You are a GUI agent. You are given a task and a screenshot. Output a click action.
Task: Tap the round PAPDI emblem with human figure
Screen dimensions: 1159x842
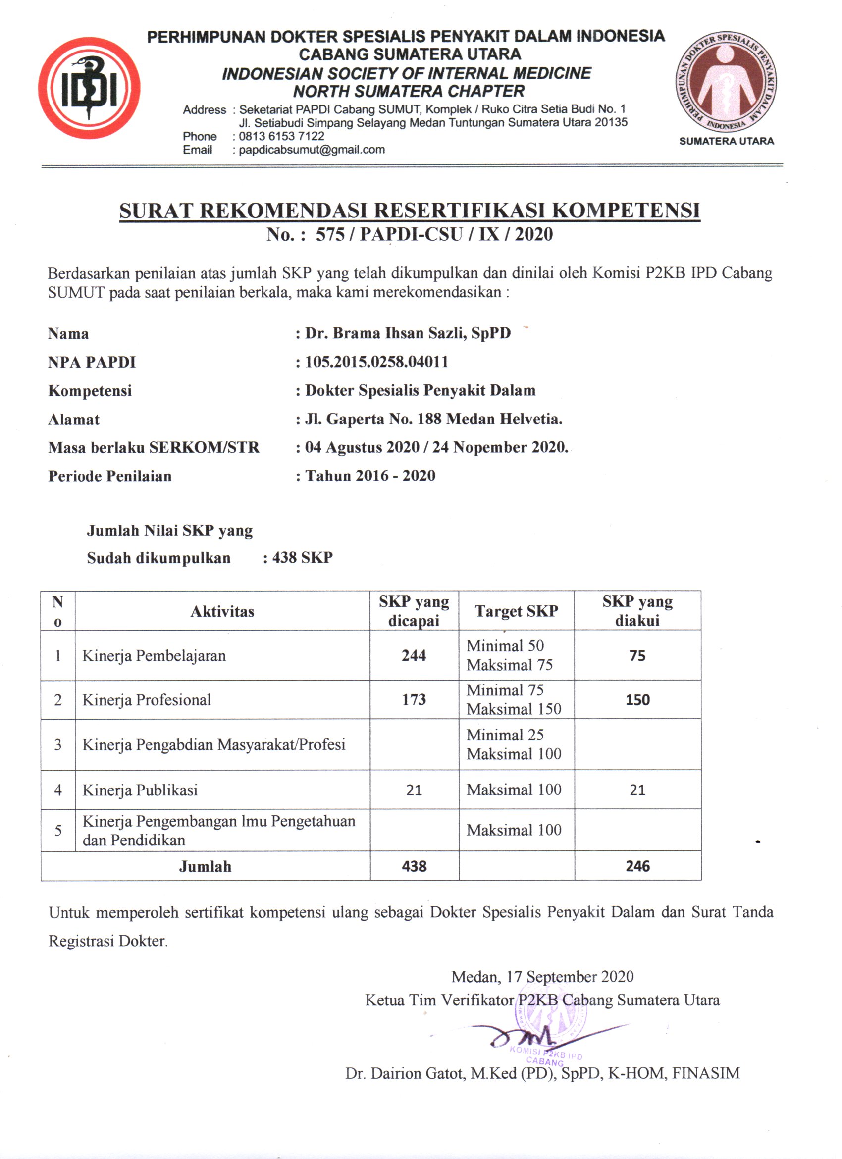point(726,82)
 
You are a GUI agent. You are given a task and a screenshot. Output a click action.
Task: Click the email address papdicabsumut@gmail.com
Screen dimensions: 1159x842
point(312,150)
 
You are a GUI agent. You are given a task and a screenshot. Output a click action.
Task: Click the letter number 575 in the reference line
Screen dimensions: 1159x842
point(330,235)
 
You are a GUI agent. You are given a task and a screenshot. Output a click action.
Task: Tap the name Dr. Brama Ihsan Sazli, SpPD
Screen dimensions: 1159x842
point(408,333)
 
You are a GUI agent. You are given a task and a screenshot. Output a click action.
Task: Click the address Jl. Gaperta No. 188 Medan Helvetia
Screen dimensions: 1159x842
point(434,419)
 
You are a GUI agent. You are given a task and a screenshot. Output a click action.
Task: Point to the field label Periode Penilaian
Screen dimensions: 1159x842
point(110,476)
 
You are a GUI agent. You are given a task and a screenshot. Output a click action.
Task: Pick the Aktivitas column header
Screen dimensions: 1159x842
point(222,611)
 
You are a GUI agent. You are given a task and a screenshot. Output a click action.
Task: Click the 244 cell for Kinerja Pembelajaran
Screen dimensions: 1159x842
point(414,656)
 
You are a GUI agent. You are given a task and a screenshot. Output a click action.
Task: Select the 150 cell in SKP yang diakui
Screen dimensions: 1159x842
point(637,700)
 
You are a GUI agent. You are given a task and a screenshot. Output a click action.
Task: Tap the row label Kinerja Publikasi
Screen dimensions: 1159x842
point(140,790)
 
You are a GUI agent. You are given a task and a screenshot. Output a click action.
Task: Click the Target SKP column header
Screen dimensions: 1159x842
point(517,611)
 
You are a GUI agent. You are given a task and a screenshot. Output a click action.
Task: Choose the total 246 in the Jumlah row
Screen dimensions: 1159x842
point(637,866)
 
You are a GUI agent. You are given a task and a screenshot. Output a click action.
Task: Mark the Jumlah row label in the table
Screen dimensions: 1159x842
point(205,867)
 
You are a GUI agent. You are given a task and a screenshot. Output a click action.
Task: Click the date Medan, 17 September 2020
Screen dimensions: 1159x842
point(542,977)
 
